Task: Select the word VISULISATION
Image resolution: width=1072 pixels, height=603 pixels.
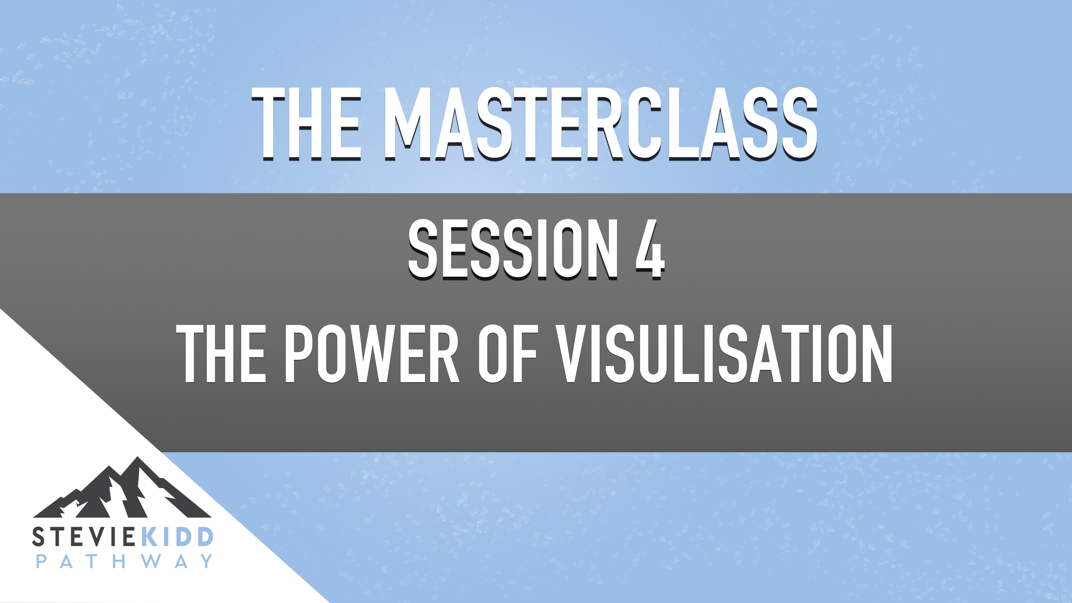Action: tap(724, 354)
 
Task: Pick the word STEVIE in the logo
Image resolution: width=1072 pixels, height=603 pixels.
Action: tap(83, 537)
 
